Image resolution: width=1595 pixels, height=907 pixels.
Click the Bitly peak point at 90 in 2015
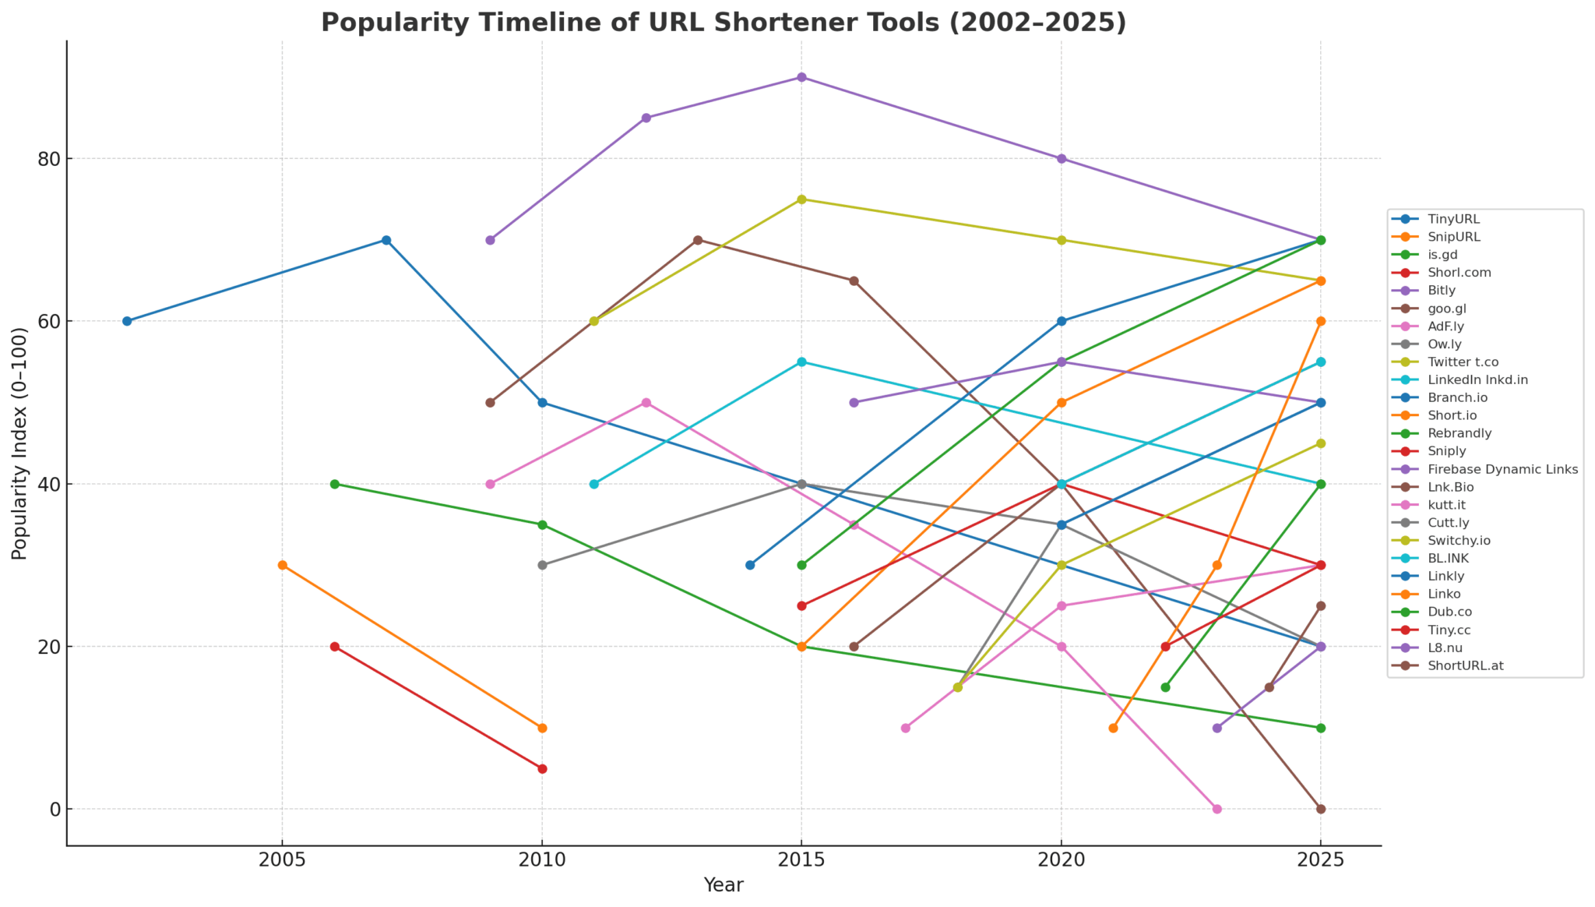801,77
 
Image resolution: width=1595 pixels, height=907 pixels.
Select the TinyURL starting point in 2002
127,321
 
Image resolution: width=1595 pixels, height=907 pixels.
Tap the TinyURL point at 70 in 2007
386,240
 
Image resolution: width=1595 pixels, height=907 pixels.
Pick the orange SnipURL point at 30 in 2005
282,565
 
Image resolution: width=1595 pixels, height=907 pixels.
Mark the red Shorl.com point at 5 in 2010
542,768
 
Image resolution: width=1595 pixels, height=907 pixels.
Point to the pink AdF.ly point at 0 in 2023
1216,809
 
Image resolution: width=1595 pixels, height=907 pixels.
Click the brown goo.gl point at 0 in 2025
1320,809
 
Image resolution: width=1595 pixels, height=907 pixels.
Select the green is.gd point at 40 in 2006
335,484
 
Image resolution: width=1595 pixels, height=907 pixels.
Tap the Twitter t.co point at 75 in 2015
801,199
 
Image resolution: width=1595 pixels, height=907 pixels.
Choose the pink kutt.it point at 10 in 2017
905,728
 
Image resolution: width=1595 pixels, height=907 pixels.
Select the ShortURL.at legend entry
1463,666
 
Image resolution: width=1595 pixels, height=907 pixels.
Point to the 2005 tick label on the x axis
282,860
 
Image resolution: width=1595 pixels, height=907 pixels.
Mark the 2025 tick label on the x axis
1320,860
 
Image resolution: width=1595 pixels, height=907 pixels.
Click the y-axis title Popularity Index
19,443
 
